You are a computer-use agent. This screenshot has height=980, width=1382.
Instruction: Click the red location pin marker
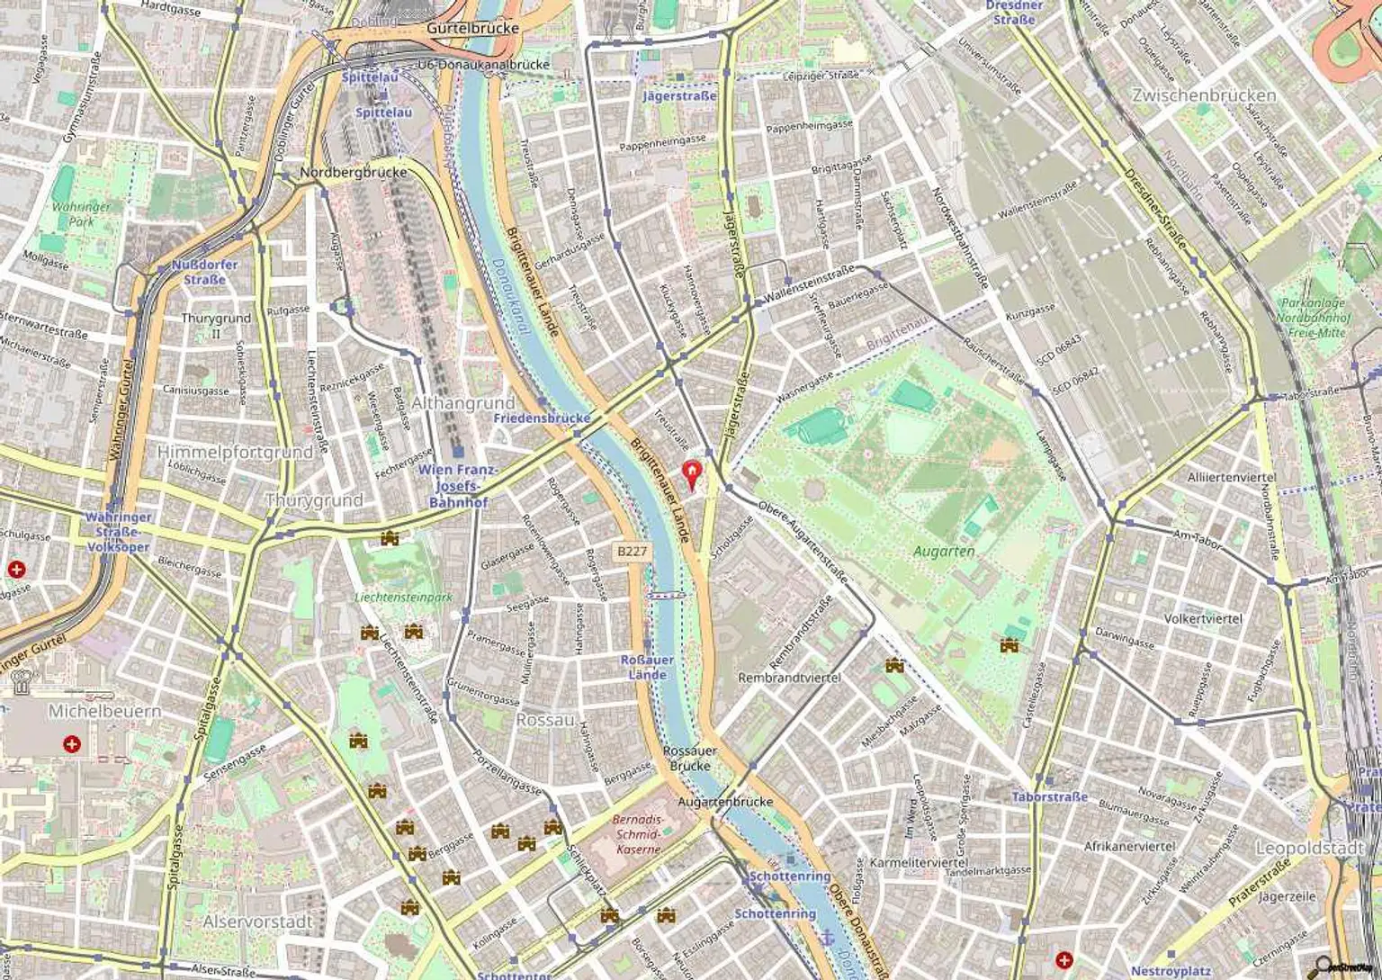pyautogui.click(x=691, y=472)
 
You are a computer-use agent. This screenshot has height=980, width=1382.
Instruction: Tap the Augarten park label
pyautogui.click(x=944, y=551)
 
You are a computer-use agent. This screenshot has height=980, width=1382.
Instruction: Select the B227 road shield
pyautogui.click(x=633, y=551)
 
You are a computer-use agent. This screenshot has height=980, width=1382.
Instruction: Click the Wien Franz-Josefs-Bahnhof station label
pyautogui.click(x=457, y=486)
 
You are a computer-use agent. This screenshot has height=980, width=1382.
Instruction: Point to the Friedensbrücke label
pyautogui.click(x=542, y=418)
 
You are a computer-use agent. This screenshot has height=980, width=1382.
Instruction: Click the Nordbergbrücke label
pyautogui.click(x=354, y=172)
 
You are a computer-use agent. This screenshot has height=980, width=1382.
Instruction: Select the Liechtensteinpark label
pyautogui.click(x=403, y=597)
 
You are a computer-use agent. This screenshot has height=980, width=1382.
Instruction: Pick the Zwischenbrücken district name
pyautogui.click(x=1204, y=95)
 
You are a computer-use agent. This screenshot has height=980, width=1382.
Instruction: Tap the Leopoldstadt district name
pyautogui.click(x=1309, y=849)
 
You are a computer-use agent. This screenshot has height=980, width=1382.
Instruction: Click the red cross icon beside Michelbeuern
pyautogui.click(x=71, y=744)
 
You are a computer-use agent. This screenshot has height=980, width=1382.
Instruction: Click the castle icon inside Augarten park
pyautogui.click(x=1009, y=644)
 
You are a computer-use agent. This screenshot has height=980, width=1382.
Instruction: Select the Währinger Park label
pyautogui.click(x=81, y=213)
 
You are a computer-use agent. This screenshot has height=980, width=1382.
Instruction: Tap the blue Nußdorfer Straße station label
pyautogui.click(x=204, y=272)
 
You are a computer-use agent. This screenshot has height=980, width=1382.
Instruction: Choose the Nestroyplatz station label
pyautogui.click(x=1170, y=971)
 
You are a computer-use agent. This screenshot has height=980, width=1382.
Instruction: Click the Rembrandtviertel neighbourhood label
pyautogui.click(x=789, y=677)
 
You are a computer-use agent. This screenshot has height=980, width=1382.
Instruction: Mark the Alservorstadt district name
pyautogui.click(x=257, y=922)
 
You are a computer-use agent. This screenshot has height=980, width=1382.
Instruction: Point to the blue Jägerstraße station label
pyautogui.click(x=679, y=95)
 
